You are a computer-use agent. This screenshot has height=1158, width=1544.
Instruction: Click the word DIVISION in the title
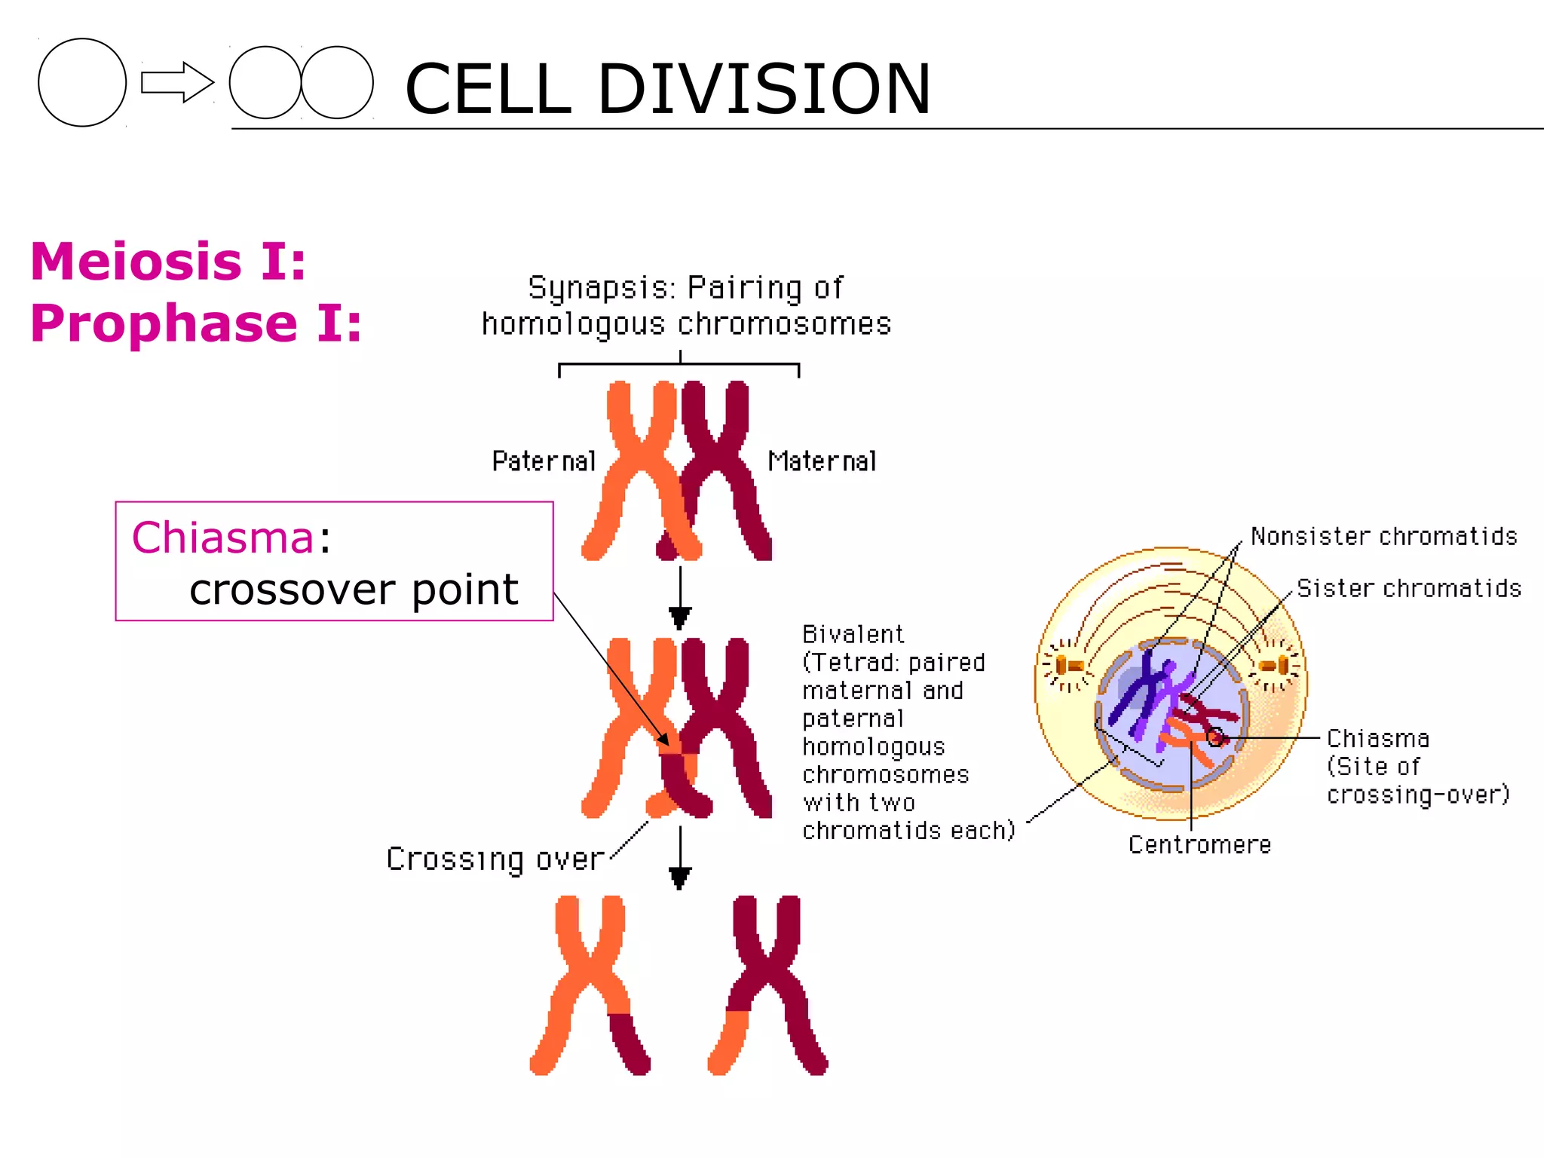763,89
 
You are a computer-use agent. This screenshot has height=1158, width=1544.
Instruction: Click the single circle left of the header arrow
81,82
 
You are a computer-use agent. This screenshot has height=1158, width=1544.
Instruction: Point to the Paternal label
544,461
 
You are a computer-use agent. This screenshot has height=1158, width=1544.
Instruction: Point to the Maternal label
822,461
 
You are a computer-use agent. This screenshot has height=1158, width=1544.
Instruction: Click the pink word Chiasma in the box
222,538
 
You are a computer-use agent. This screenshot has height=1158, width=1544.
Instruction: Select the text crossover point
354,589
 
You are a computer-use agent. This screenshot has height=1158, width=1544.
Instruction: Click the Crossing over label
495,859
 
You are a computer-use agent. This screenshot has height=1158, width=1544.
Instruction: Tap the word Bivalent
853,634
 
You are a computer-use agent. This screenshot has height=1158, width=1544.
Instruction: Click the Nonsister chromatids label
1383,536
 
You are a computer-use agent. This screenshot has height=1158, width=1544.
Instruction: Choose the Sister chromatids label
1408,588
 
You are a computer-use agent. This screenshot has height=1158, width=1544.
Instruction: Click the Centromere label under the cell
1199,844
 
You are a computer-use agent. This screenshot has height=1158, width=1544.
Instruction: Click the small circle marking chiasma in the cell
1215,737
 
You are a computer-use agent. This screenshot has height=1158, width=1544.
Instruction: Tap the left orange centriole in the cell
1068,666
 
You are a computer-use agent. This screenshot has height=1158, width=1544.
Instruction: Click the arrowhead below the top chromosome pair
680,619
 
